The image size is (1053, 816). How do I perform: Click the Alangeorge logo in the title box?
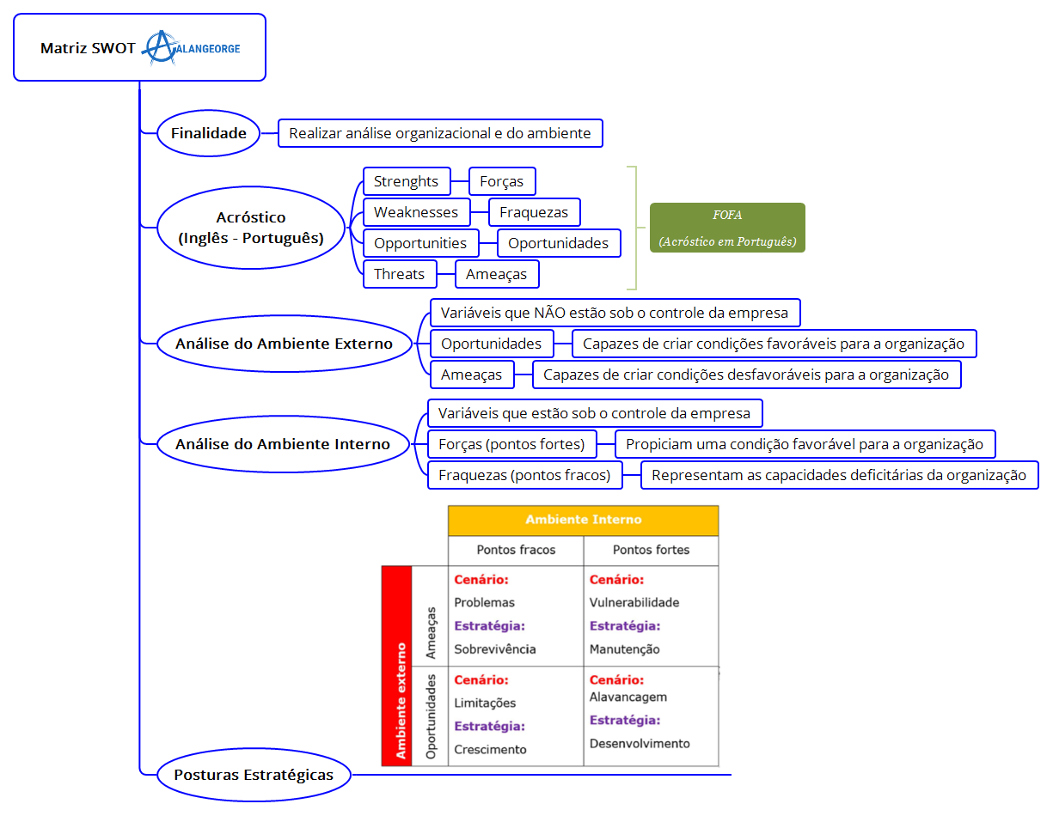point(191,48)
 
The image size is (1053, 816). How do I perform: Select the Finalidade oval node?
point(208,133)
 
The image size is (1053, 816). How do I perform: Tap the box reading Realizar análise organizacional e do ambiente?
point(439,133)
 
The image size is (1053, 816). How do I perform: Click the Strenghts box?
point(407,181)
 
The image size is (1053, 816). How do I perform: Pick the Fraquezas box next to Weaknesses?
point(534,212)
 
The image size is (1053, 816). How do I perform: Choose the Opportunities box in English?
point(420,243)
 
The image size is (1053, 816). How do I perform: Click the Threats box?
point(399,274)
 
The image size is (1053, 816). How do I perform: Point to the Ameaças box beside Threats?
point(497,274)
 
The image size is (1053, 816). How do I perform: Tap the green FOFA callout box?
point(727,228)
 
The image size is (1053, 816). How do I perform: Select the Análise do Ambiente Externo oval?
point(284,344)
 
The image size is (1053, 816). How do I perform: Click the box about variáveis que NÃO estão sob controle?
point(615,313)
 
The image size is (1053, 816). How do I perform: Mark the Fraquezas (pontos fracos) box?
point(524,475)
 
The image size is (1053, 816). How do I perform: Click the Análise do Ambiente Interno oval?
point(283,444)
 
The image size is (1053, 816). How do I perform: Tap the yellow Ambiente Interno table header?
point(583,520)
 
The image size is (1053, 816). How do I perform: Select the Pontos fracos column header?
point(516,550)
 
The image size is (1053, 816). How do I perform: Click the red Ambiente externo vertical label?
point(397,666)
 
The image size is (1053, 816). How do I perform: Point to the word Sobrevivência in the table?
point(495,649)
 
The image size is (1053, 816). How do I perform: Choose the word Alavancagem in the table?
point(628,697)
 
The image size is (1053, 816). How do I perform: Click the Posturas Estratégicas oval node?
point(254,774)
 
